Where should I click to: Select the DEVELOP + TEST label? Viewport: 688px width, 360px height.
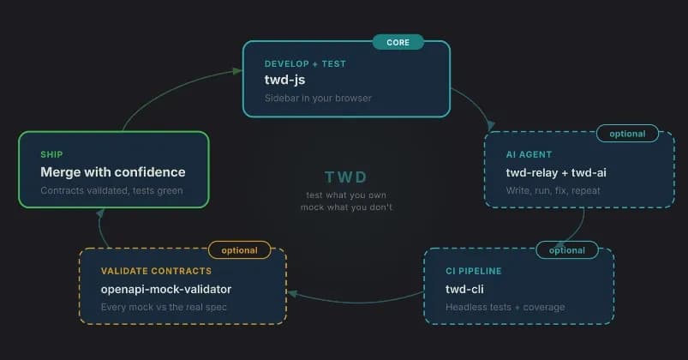(x=306, y=64)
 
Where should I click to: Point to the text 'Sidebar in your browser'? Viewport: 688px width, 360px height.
(x=318, y=98)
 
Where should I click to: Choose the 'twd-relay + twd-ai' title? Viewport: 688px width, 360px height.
(x=556, y=172)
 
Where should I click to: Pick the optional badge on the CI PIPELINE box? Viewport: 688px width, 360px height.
(x=566, y=250)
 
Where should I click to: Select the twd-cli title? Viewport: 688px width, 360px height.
(x=466, y=289)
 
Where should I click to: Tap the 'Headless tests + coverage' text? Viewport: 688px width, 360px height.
(x=506, y=307)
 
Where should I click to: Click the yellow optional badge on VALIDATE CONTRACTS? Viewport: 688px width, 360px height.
(x=239, y=250)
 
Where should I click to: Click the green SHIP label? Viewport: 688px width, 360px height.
(x=51, y=154)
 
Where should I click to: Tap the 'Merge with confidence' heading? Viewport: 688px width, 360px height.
(x=112, y=172)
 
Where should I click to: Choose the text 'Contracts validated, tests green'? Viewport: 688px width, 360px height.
(x=111, y=190)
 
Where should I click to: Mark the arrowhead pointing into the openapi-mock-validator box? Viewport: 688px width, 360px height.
(x=292, y=294)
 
